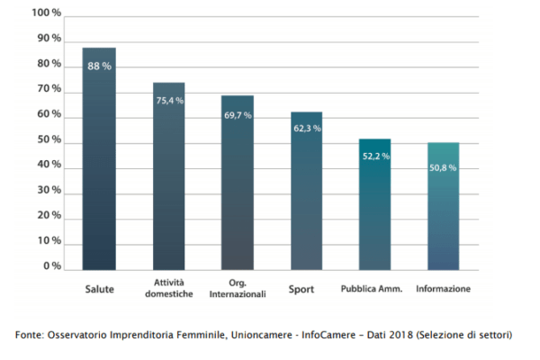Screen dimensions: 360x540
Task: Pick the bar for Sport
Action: [306, 198]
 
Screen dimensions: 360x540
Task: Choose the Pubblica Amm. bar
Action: [374, 211]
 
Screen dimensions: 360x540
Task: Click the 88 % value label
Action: [99, 66]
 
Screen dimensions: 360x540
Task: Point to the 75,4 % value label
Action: [169, 101]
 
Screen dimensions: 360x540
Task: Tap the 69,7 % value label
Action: [238, 115]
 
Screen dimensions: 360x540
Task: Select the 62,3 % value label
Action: [307, 129]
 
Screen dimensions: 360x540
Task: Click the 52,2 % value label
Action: [375, 156]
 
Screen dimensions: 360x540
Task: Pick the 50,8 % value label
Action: [443, 167]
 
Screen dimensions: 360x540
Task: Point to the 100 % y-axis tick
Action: [46, 13]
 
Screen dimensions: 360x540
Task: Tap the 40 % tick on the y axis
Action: [49, 166]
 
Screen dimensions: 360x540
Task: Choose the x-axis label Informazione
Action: [444, 289]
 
